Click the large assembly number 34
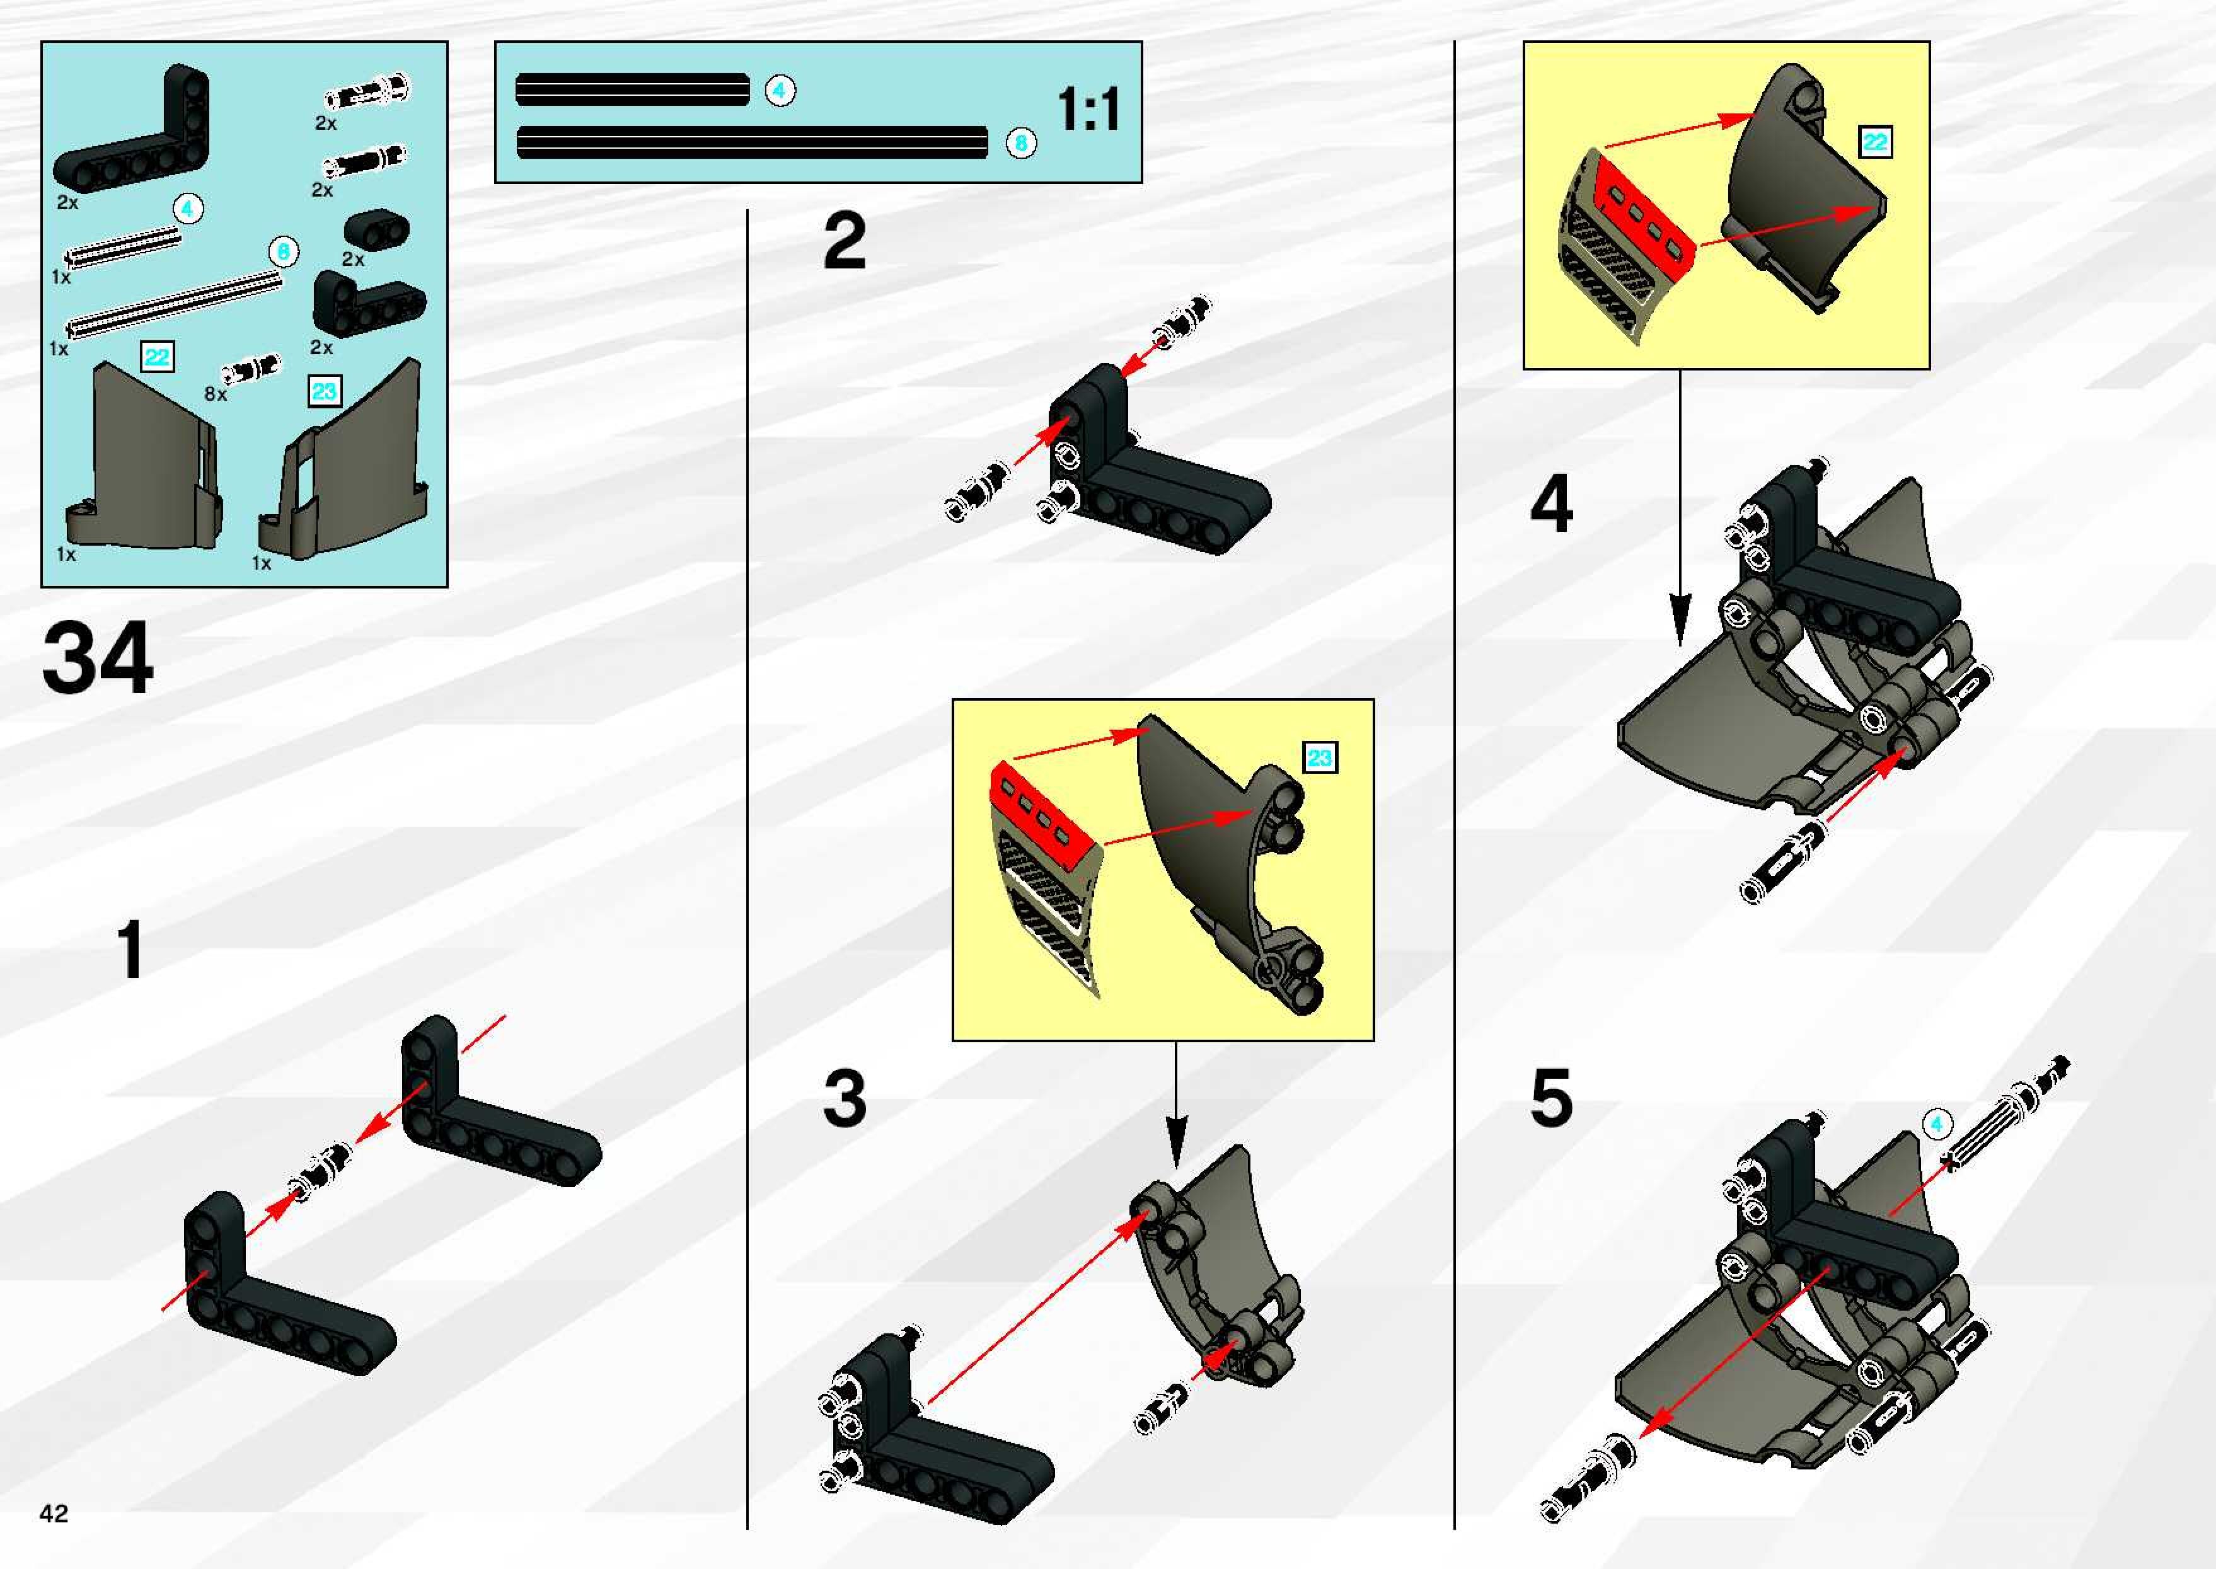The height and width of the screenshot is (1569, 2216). pos(98,658)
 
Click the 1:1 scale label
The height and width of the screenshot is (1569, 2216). pos(1089,109)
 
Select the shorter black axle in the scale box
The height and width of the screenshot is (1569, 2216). pos(632,90)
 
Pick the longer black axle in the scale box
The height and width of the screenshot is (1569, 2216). pos(752,143)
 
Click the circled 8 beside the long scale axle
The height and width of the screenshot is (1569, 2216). pos(1020,144)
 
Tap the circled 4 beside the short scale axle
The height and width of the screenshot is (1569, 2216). pos(780,91)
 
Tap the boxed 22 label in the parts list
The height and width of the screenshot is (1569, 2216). pos(156,357)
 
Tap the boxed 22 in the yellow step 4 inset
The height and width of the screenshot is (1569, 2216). pos(1875,142)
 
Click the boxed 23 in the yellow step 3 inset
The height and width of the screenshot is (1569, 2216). pos(1320,757)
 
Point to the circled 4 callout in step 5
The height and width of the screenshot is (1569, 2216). pos(1936,1124)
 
